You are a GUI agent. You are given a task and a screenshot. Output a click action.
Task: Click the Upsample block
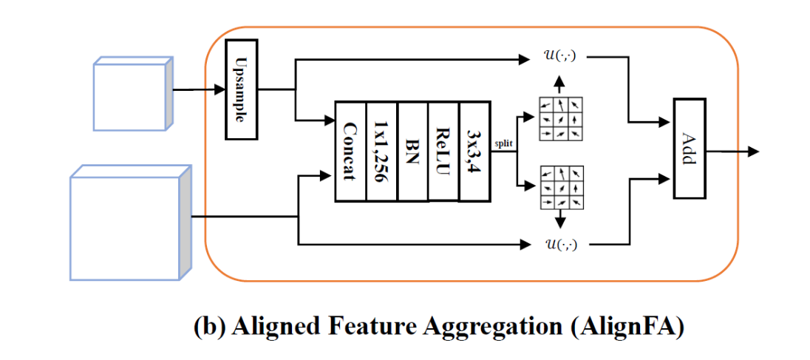(241, 89)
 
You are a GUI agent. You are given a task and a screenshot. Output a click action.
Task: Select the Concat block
(351, 151)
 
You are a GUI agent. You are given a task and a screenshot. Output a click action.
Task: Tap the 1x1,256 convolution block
(382, 151)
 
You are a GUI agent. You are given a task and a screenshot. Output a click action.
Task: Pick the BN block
(413, 151)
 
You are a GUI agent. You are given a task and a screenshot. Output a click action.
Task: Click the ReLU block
(443, 151)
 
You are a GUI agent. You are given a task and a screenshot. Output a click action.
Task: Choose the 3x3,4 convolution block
(474, 151)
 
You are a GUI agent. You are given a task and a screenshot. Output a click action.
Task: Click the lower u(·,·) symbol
(559, 244)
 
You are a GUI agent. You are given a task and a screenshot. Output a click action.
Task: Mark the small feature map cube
(132, 94)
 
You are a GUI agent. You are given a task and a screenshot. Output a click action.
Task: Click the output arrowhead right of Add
(753, 152)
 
